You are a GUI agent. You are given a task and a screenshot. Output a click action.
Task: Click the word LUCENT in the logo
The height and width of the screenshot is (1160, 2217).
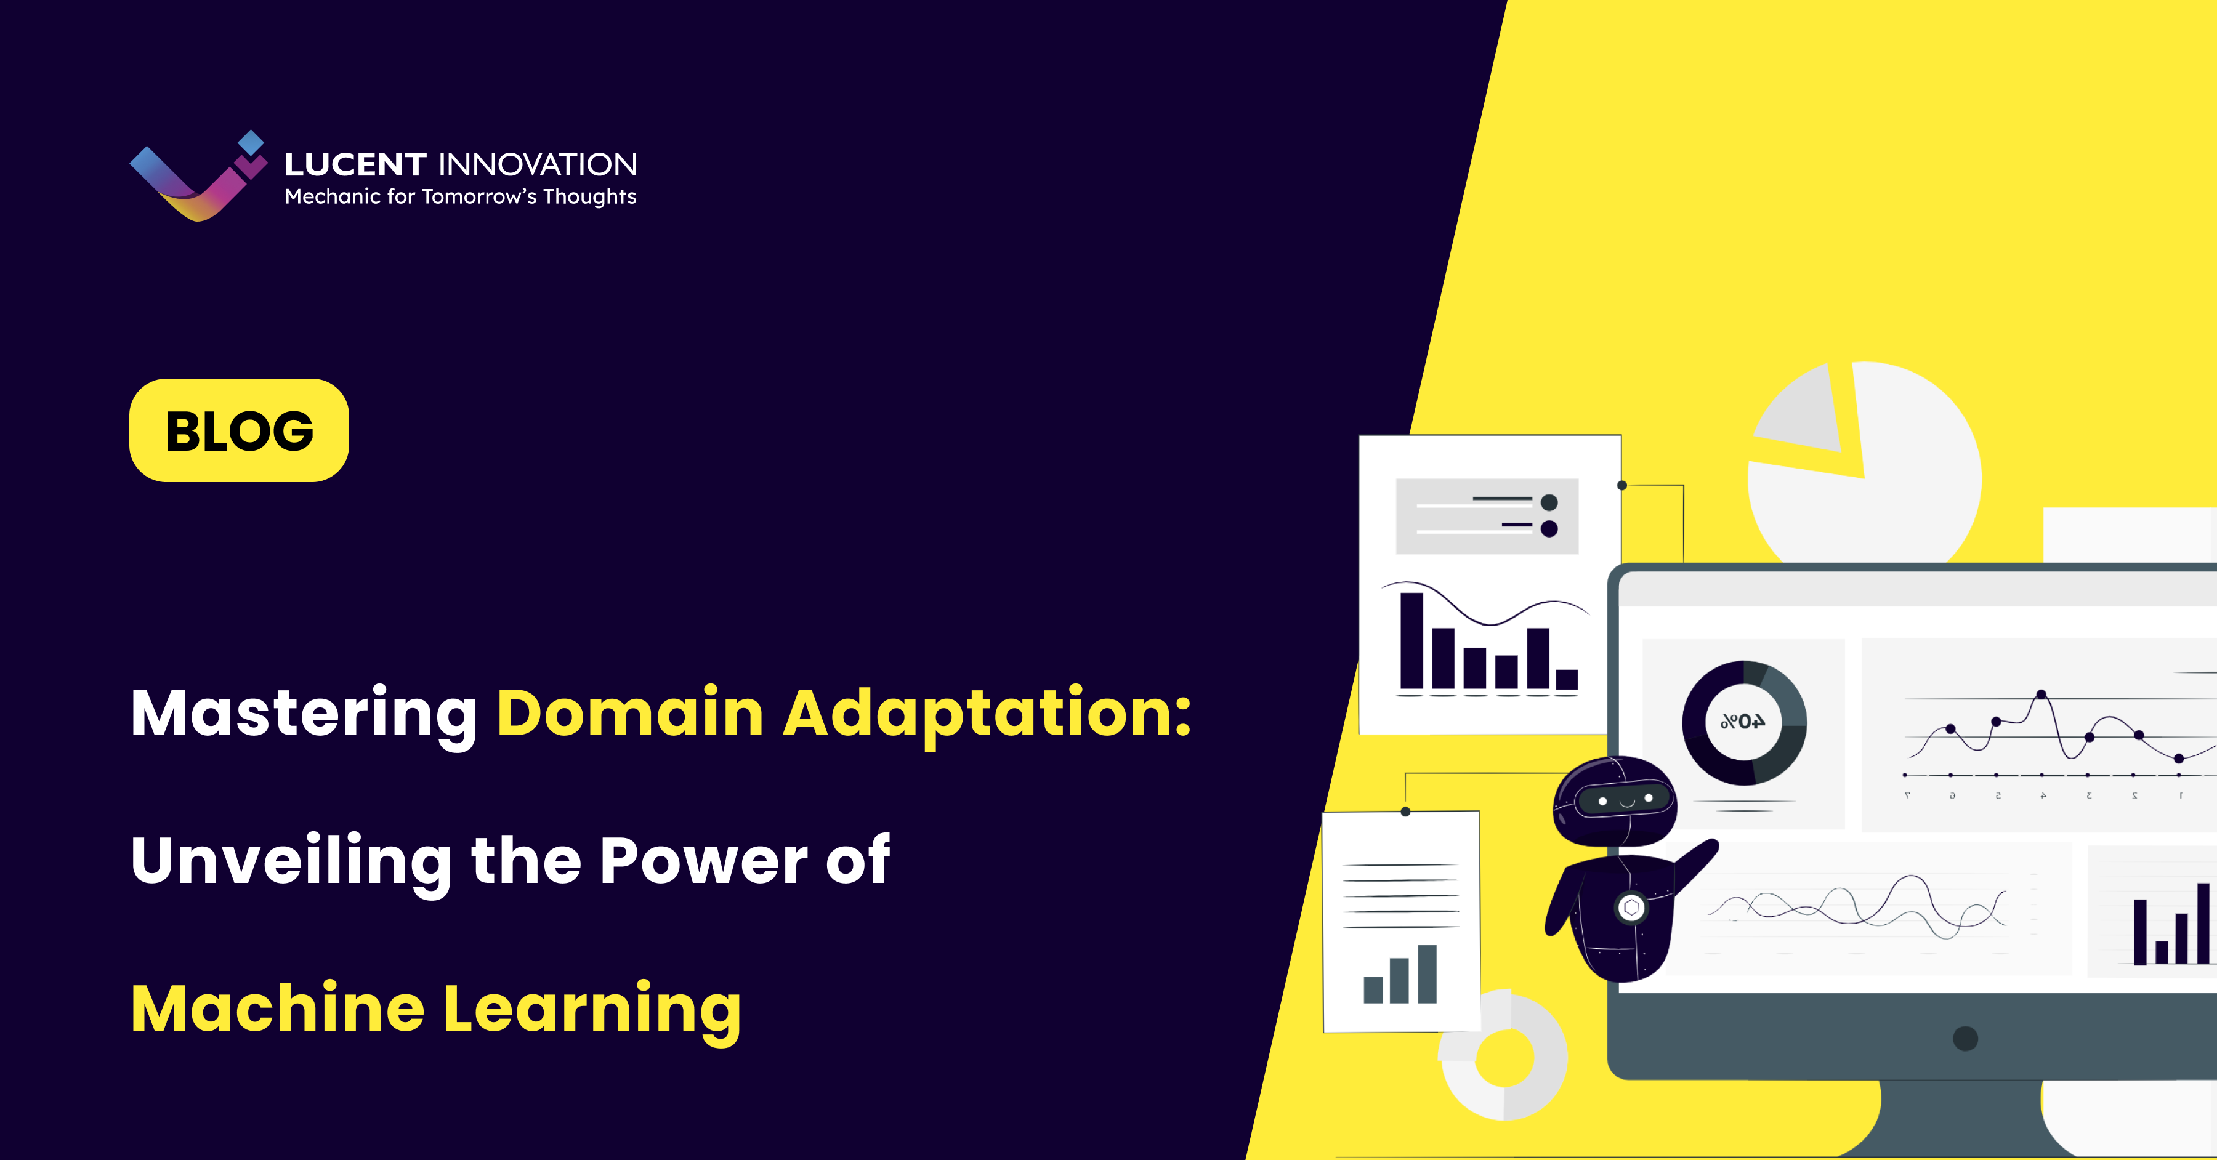tap(355, 164)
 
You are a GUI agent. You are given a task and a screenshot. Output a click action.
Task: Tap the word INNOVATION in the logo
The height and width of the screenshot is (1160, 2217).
tap(538, 164)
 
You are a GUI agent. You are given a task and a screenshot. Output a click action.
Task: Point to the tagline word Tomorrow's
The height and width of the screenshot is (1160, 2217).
tap(479, 197)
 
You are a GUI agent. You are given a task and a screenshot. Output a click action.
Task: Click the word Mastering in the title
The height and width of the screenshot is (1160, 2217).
tap(304, 714)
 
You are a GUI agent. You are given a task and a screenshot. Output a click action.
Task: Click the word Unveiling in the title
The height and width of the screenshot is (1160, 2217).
tap(291, 861)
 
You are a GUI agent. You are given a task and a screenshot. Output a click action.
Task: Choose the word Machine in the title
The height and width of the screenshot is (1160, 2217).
tap(277, 1008)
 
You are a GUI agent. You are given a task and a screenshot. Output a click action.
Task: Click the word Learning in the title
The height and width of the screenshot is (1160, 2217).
tap(591, 1009)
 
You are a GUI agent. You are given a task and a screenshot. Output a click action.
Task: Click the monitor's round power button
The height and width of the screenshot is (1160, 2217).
tap(1965, 1039)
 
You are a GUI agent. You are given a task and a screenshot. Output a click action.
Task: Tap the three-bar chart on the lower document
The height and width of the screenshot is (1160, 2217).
tap(1400, 976)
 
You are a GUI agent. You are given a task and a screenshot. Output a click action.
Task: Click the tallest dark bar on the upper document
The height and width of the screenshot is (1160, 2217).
tap(1411, 640)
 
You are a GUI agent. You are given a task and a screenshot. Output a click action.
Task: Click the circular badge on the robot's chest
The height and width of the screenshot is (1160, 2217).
tap(1631, 907)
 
